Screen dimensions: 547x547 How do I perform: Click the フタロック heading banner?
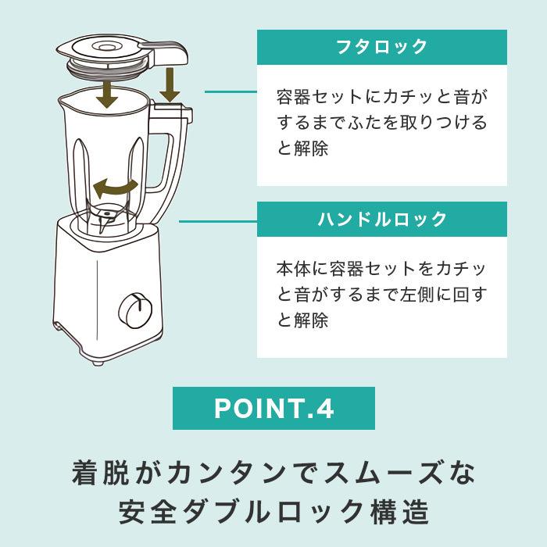pos(382,47)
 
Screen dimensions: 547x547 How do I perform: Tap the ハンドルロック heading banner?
pos(382,219)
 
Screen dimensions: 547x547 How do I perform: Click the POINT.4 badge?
pos(273,408)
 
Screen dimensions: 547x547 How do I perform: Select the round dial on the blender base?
pos(135,311)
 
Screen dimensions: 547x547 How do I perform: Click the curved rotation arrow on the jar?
pos(115,188)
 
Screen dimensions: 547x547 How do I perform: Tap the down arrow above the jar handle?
pos(170,84)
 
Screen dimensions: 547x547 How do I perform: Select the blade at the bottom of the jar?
pos(105,217)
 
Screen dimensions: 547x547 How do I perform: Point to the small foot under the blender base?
pos(98,363)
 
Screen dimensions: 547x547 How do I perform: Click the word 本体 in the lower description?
pos(294,268)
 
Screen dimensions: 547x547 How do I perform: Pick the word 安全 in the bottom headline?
pos(147,512)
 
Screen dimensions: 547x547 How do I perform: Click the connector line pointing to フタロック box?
pos(231,91)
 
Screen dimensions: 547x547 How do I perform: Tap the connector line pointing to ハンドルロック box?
pos(218,221)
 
